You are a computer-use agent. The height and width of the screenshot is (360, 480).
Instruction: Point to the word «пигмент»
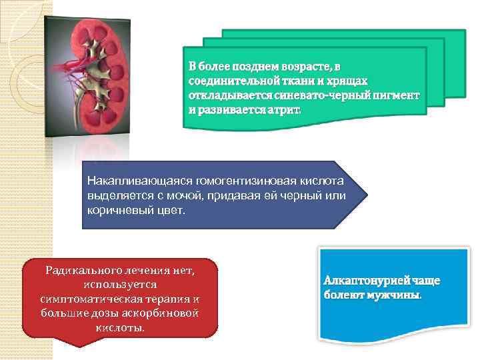click(x=397, y=95)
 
